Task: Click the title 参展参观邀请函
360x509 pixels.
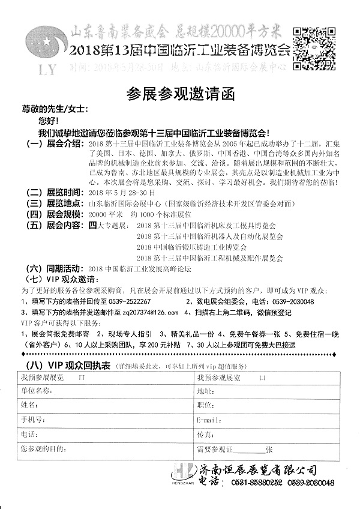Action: click(179, 93)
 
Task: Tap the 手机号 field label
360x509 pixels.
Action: click(32, 419)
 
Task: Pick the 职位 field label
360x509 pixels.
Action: click(205, 405)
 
